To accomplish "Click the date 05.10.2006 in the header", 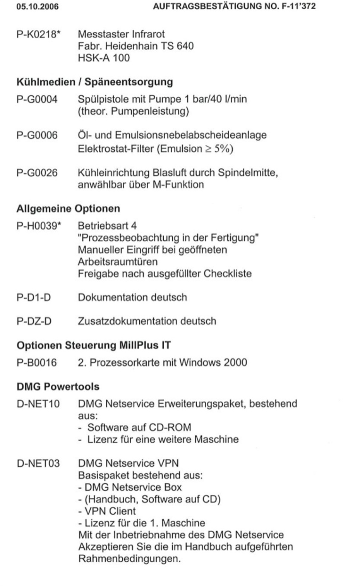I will coord(38,7).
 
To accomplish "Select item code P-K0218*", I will coord(38,34).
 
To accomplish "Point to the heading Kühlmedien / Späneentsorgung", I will coord(94,82).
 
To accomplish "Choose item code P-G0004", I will coord(37,99).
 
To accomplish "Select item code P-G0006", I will coord(37,135).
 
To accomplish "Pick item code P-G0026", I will coord(37,173).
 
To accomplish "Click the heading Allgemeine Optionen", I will coord(68,209).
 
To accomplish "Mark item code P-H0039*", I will coord(39,226).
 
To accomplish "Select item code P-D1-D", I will coord(34,298).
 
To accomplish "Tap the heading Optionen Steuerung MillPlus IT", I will coord(93,345).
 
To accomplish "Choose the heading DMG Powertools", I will coord(58,387).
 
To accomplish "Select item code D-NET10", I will coord(38,404).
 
